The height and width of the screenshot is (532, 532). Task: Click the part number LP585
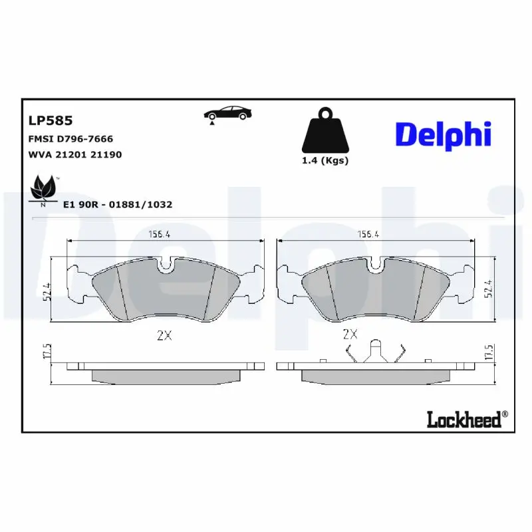tap(50, 121)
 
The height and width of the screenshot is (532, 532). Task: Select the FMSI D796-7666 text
tap(70, 139)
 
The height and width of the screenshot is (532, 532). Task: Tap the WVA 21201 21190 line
tap(74, 154)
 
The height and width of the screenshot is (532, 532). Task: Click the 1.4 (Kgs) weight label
tap(325, 160)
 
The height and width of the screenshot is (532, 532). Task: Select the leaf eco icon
tap(44, 189)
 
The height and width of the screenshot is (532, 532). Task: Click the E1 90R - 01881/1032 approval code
tap(117, 204)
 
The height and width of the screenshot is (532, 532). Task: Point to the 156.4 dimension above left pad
tap(158, 234)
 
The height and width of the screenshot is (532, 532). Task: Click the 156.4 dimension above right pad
tap(369, 234)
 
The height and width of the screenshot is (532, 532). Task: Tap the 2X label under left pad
tap(164, 335)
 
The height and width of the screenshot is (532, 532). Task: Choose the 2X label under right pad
tap(350, 334)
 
